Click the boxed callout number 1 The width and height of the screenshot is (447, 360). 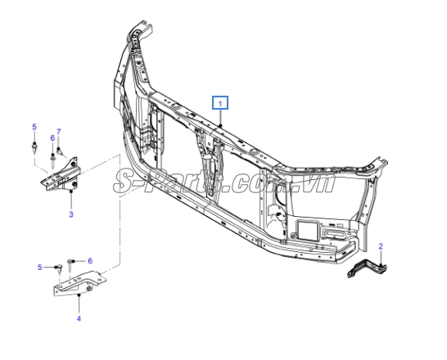coord(220,103)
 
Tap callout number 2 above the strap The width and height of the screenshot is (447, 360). coord(381,245)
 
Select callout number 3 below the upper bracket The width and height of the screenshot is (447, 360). coord(71,214)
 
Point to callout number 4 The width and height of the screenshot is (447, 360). coord(79,318)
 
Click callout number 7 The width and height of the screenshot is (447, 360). coord(59,132)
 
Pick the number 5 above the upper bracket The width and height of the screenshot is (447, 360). coord(34,127)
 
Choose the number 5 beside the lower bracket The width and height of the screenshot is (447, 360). coord(40,268)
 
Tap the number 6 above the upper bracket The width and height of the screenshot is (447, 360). coord(52,138)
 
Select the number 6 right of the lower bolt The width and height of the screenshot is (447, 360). coord(90,261)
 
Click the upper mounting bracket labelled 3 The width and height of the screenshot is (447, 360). coord(61,177)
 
